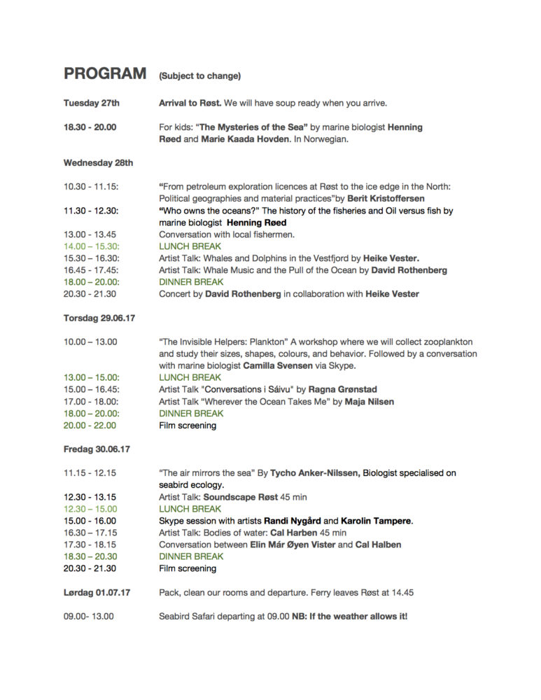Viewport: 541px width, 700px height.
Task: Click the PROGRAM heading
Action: [x=105, y=74]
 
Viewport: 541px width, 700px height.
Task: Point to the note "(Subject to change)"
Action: [x=199, y=76]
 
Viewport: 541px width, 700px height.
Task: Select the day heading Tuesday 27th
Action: [x=92, y=104]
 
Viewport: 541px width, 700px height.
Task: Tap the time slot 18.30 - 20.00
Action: [x=90, y=127]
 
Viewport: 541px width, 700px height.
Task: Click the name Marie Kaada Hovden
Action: [x=240, y=139]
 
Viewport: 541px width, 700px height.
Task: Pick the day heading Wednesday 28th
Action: [x=99, y=163]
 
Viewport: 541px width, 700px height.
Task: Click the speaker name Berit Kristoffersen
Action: [x=386, y=199]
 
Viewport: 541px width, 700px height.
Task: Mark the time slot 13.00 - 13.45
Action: [x=90, y=234]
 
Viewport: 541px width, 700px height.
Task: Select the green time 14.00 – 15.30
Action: [x=92, y=246]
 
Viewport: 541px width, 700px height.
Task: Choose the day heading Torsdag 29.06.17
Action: [x=99, y=318]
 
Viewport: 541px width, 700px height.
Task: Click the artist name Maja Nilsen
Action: [x=369, y=401]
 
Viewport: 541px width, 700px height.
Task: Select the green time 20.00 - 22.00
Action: [x=91, y=425]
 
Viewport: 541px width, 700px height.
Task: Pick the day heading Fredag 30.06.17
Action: [x=97, y=449]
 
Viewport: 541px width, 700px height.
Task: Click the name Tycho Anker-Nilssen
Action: [x=315, y=473]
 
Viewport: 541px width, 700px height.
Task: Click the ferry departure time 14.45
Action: [x=402, y=592]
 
